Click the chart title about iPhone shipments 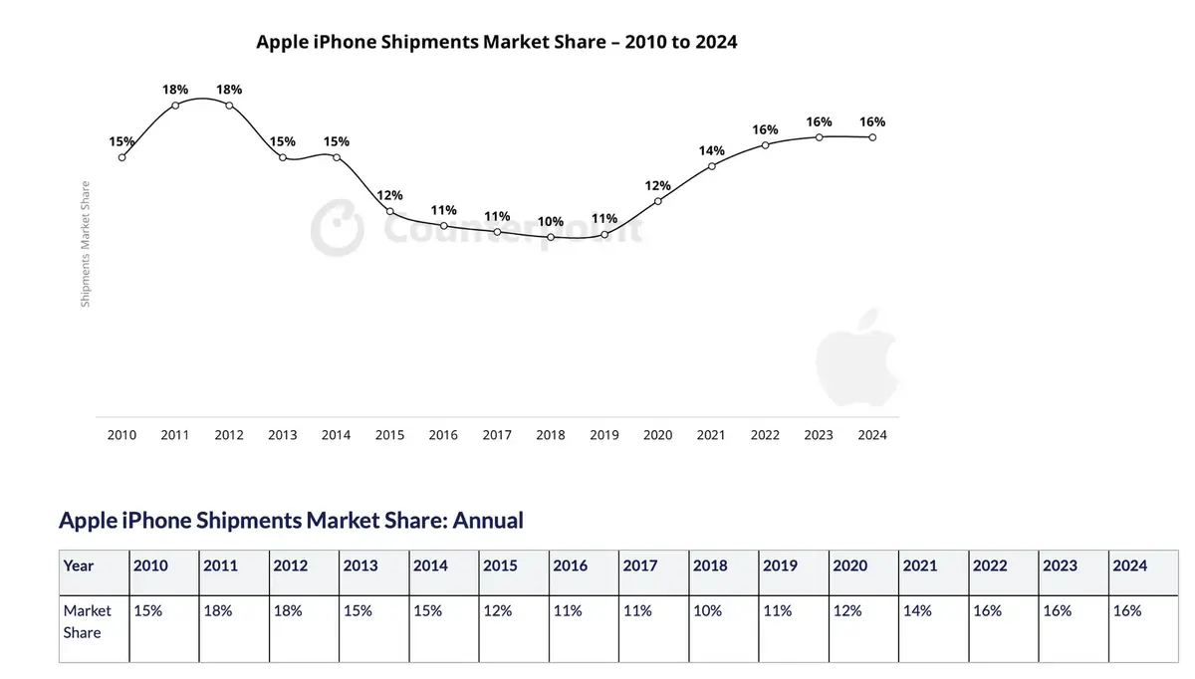[496, 43]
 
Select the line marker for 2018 [551, 237]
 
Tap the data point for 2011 [175, 105]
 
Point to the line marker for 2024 [872, 137]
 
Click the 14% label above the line [711, 150]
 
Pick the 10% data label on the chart [551, 221]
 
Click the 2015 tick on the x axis [390, 435]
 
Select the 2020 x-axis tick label [658, 435]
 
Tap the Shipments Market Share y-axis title [86, 244]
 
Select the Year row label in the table [79, 566]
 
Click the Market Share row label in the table [88, 621]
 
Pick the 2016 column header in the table [570, 566]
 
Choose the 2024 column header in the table [1129, 566]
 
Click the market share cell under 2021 [917, 611]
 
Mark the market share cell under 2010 [148, 611]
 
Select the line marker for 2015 [390, 212]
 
